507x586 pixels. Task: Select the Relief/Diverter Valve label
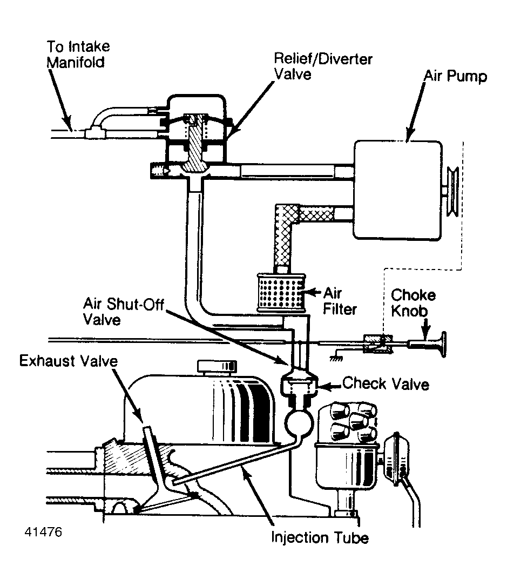(323, 66)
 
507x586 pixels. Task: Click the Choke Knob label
(413, 304)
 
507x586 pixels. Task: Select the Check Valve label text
(386, 384)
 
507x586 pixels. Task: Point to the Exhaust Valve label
(69, 361)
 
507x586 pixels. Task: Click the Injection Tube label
(320, 538)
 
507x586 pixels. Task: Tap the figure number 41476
(43, 531)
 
